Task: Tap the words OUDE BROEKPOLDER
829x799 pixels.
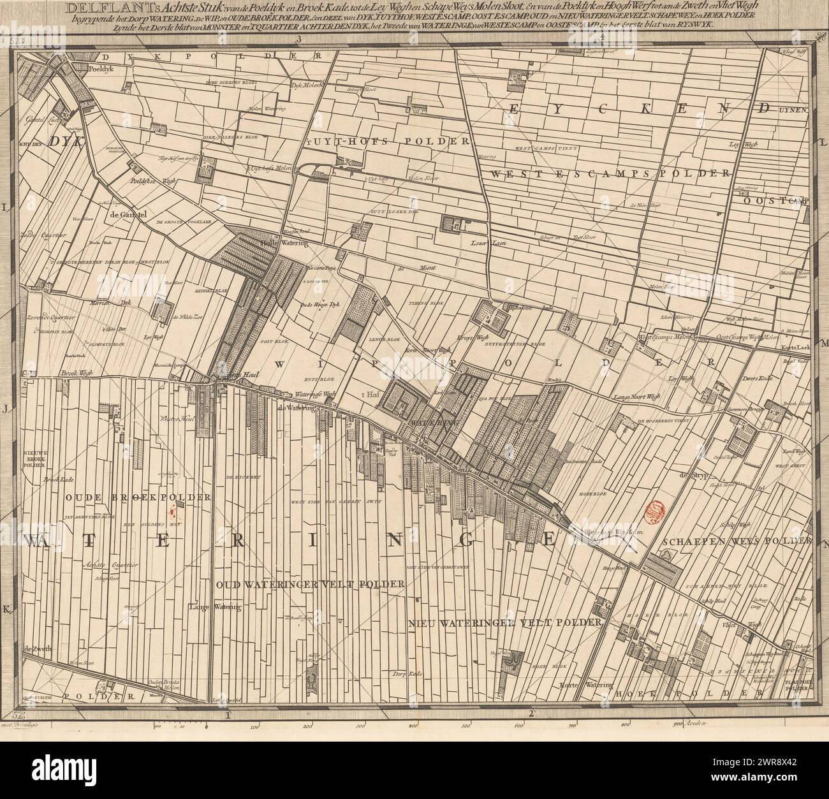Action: pos(119,497)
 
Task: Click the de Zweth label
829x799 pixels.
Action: pos(37,649)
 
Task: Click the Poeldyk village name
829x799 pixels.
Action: pos(104,67)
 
